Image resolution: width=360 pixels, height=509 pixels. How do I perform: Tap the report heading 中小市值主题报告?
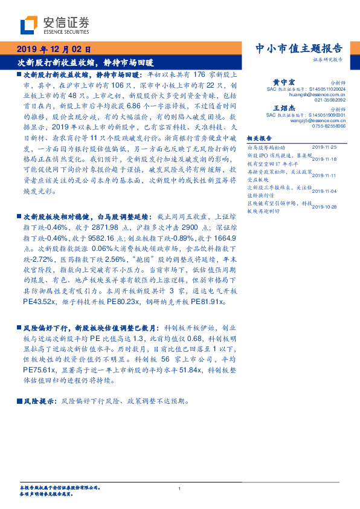(x=300, y=48)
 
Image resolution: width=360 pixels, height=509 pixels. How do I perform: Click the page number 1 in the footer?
(x=180, y=488)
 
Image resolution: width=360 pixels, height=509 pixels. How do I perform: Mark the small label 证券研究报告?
(x=328, y=60)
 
